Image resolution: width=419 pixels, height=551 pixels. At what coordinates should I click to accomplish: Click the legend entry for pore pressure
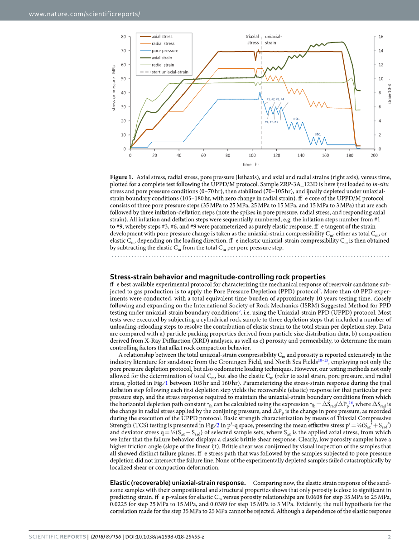pos(165,51)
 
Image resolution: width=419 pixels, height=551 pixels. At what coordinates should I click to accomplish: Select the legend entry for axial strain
pos(162,58)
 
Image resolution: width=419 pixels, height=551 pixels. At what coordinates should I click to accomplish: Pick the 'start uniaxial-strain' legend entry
pos(170,72)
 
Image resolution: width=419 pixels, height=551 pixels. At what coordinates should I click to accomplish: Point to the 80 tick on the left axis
pos(124,36)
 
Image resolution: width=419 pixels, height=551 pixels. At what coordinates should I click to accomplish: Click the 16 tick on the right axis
pos(381,36)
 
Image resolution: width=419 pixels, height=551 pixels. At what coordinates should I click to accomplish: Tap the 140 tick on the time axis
pos(301,155)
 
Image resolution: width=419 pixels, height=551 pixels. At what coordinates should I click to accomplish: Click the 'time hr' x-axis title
pos(250,164)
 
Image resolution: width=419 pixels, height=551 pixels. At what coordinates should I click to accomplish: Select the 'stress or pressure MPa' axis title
pos(114,88)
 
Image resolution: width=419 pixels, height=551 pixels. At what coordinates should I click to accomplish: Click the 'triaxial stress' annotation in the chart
pos(253,39)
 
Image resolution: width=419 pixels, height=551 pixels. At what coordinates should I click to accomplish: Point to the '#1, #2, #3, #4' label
pos(275,99)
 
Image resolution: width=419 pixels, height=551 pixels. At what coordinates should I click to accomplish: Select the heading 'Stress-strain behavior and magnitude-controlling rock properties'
pos(217,277)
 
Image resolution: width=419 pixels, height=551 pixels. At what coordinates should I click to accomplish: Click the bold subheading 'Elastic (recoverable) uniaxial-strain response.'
pos(178,483)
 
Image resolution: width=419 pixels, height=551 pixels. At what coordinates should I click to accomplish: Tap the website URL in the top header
pos(84,14)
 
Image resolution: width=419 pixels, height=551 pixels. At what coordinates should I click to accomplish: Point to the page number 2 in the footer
pos(389,537)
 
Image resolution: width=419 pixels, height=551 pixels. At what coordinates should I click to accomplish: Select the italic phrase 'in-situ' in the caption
pos(381,185)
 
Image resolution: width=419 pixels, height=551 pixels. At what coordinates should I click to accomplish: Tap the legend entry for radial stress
pos(163,44)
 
